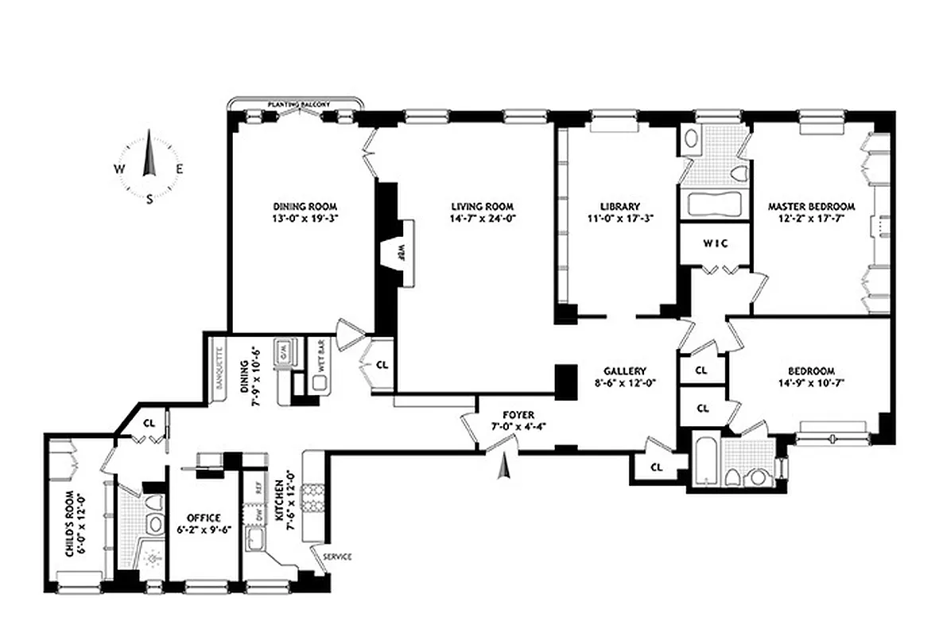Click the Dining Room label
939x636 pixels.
301,203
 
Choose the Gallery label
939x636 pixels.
624,370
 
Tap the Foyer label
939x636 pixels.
518,414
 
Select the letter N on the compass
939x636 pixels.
148,136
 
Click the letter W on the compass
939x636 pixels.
118,169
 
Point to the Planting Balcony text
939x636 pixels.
297,104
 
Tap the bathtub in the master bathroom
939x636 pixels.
713,204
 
